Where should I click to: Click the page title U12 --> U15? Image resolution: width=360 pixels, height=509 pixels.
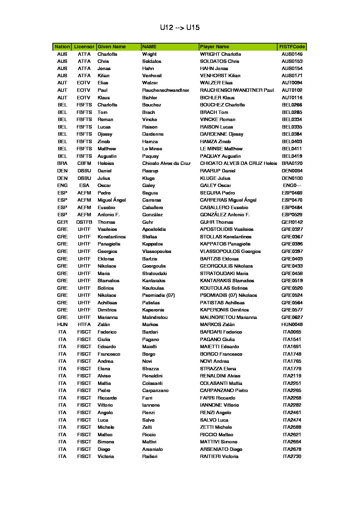coord(180,28)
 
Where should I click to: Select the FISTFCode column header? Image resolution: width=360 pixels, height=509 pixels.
coord(292,47)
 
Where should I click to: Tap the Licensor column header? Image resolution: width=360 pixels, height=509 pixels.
coord(84,47)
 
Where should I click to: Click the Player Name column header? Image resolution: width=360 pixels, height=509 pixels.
coord(214,47)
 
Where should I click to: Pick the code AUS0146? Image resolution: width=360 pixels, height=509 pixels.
coord(292,54)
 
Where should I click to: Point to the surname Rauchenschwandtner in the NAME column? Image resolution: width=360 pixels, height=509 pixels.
coord(165,90)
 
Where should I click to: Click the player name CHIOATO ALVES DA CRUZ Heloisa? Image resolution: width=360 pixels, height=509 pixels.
coord(238,163)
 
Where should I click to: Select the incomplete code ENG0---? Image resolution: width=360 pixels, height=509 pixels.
coord(292,185)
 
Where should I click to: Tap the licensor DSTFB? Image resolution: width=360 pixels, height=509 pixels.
coord(84,222)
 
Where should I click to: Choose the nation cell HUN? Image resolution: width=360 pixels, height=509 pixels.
coord(62,324)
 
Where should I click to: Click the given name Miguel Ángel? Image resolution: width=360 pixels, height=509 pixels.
coord(112,200)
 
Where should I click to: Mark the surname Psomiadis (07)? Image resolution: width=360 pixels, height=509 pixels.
coord(158,295)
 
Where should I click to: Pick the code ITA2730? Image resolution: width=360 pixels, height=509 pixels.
coord(292,456)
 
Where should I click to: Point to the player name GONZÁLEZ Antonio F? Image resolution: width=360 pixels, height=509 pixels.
coord(225,215)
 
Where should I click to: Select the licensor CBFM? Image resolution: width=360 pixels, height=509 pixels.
coord(84,163)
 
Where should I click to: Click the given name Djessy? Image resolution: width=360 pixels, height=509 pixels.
coord(105,134)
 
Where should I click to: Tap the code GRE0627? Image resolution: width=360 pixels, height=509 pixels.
coord(292,317)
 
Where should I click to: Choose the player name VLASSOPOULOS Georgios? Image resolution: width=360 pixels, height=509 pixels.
coord(230,251)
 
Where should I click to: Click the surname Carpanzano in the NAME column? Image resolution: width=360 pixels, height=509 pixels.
coord(155,390)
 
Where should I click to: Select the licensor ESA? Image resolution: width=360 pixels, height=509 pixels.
coord(84,185)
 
